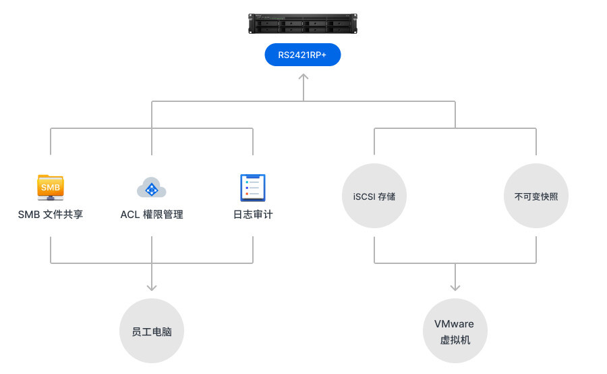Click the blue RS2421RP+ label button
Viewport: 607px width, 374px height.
303,55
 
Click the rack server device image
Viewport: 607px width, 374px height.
303,24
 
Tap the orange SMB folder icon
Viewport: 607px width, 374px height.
51,187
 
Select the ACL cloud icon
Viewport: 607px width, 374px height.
151,188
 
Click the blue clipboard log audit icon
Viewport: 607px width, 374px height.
253,188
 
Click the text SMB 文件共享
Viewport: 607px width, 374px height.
51,215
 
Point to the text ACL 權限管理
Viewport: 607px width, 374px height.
152,215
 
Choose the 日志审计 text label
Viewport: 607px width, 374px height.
253,215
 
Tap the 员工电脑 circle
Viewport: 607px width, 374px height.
152,331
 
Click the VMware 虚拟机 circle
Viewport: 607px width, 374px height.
455,331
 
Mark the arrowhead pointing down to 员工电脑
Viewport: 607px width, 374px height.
152,287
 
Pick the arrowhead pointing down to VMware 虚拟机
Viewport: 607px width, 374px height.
455,287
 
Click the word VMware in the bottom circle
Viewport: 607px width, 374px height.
455,324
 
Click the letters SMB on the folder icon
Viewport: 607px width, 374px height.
51,186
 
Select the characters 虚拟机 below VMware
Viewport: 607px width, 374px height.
455,340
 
